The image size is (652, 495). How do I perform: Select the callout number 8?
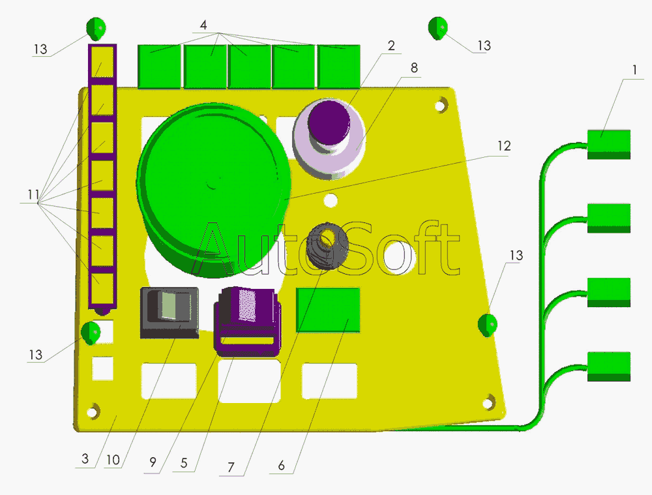click(415, 68)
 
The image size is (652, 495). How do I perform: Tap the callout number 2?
click(391, 46)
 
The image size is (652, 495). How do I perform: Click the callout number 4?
click(203, 25)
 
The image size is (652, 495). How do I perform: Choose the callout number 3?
click(85, 459)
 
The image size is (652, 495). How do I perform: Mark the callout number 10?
click(113, 460)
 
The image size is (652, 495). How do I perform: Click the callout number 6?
click(281, 465)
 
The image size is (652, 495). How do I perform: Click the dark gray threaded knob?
click(327, 245)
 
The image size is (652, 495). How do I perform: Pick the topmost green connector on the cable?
click(609, 143)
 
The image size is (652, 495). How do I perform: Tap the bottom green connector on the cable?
click(609, 366)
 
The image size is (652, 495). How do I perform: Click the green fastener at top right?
click(437, 28)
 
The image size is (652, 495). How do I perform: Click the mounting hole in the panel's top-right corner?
click(441, 103)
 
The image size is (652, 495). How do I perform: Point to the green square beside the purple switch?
click(328, 309)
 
